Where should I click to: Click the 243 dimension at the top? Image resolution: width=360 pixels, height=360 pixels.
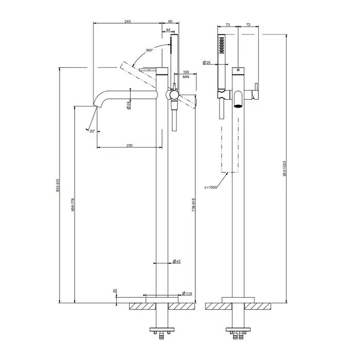(128, 21)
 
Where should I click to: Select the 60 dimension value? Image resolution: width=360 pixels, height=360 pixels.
(170, 21)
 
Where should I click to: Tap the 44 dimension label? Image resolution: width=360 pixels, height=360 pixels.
(168, 30)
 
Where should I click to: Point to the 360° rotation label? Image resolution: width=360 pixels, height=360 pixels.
(149, 50)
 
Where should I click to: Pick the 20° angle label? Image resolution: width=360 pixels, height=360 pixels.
(93, 131)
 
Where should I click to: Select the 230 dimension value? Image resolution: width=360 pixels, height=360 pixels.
(130, 146)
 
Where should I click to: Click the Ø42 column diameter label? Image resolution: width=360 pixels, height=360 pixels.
(177, 262)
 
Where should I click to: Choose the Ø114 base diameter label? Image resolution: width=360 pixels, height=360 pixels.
(188, 293)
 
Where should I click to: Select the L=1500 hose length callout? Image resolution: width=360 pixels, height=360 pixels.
(212, 188)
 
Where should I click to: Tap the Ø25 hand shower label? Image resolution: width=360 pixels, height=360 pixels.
(208, 62)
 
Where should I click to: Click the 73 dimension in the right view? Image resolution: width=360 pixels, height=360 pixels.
(229, 24)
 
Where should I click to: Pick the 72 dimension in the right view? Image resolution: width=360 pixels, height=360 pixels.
(248, 24)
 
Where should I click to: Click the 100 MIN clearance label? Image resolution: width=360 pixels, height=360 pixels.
(186, 74)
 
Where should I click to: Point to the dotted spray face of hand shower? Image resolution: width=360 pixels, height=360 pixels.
(222, 44)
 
